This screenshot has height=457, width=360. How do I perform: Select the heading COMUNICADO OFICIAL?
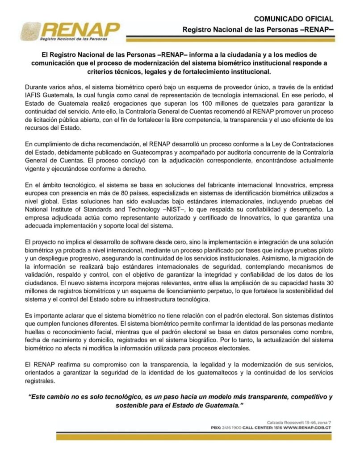(x=293, y=19)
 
